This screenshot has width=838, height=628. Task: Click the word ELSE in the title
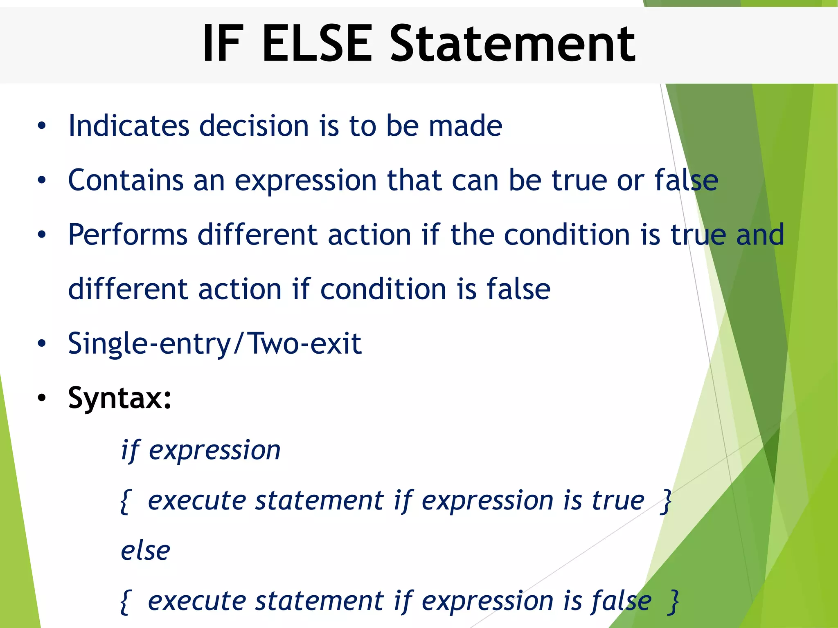click(317, 44)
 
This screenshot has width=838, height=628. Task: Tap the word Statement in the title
click(513, 44)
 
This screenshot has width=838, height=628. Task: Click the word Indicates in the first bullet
click(128, 126)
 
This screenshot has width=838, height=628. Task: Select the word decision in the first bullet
click(254, 126)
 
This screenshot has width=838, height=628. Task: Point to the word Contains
click(126, 180)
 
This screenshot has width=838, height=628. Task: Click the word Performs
click(127, 235)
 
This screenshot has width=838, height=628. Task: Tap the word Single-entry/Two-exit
click(214, 344)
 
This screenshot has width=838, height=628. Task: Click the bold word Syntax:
click(119, 398)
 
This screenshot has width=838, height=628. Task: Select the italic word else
click(145, 551)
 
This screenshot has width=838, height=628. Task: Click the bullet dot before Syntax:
click(42, 398)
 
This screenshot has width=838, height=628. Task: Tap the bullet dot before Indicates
click(42, 126)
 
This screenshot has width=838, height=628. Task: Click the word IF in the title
click(223, 44)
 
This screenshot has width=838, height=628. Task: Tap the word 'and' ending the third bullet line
click(760, 235)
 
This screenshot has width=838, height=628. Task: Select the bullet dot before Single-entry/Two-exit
click(42, 344)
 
